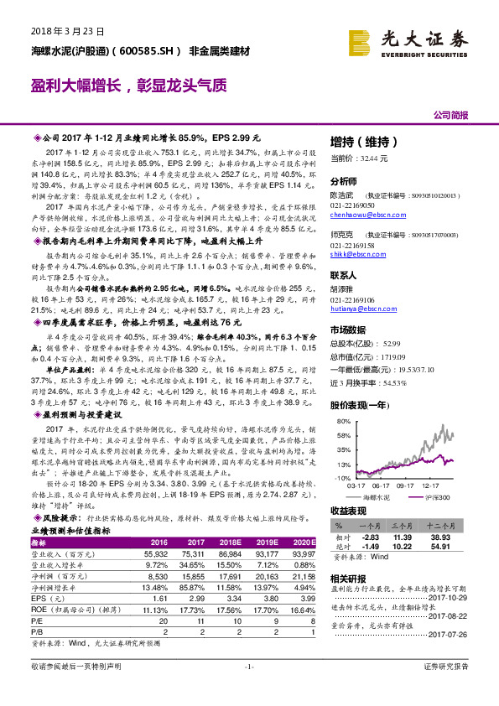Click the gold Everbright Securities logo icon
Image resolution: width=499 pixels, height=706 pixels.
362,40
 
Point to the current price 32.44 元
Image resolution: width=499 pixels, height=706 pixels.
361,158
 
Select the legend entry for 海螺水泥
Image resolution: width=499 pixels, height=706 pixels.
374,498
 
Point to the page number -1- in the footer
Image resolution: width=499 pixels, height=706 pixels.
248,689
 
